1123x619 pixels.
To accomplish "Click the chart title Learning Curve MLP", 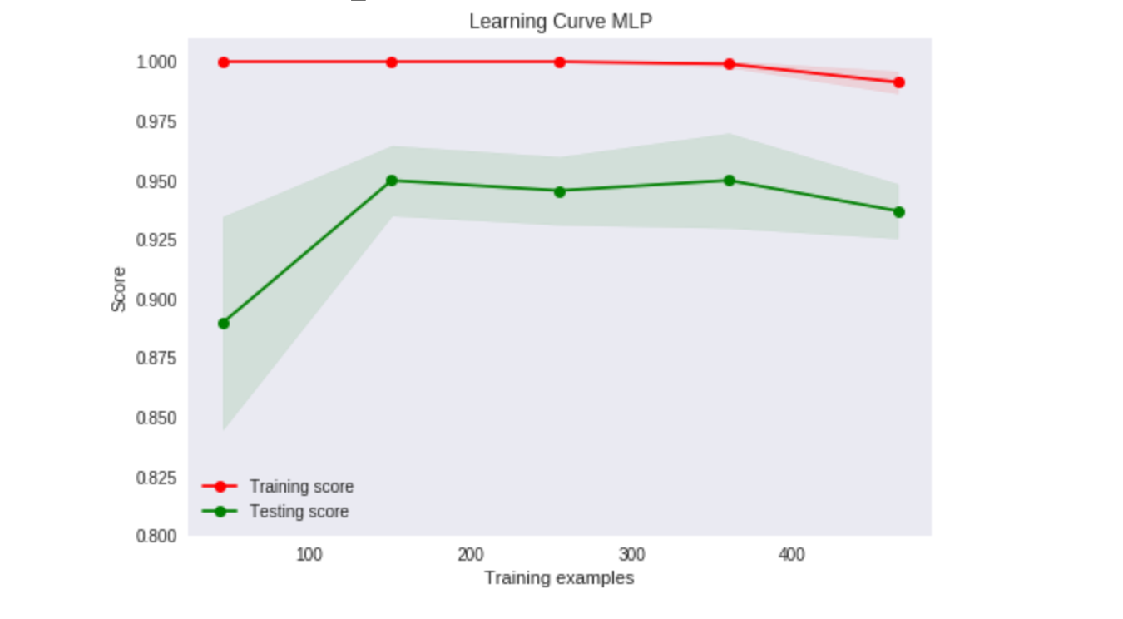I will tap(560, 22).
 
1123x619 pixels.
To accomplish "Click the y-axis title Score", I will tap(119, 289).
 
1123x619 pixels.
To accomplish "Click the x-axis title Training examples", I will tap(559, 577).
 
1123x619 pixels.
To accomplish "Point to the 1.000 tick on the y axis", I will tap(156, 62).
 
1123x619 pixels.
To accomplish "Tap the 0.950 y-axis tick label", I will tap(156, 181).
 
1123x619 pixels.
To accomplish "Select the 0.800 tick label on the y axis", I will tap(156, 536).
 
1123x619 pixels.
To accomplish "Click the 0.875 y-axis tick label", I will tap(156, 359).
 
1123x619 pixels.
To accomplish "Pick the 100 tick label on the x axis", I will tap(309, 554).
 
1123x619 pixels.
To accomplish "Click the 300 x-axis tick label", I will tap(632, 554).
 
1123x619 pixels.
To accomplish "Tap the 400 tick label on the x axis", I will tap(793, 554).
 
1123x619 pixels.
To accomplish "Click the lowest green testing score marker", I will tap(224, 324).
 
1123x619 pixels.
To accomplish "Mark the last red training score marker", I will tap(899, 82).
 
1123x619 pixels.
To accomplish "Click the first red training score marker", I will tap(224, 62).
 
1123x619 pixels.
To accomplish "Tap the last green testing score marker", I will tap(899, 212).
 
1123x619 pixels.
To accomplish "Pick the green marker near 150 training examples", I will tap(392, 181).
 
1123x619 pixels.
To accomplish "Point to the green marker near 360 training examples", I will tap(730, 181).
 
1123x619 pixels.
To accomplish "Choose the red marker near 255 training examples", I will tap(560, 62).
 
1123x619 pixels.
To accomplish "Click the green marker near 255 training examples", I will tap(560, 191).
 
